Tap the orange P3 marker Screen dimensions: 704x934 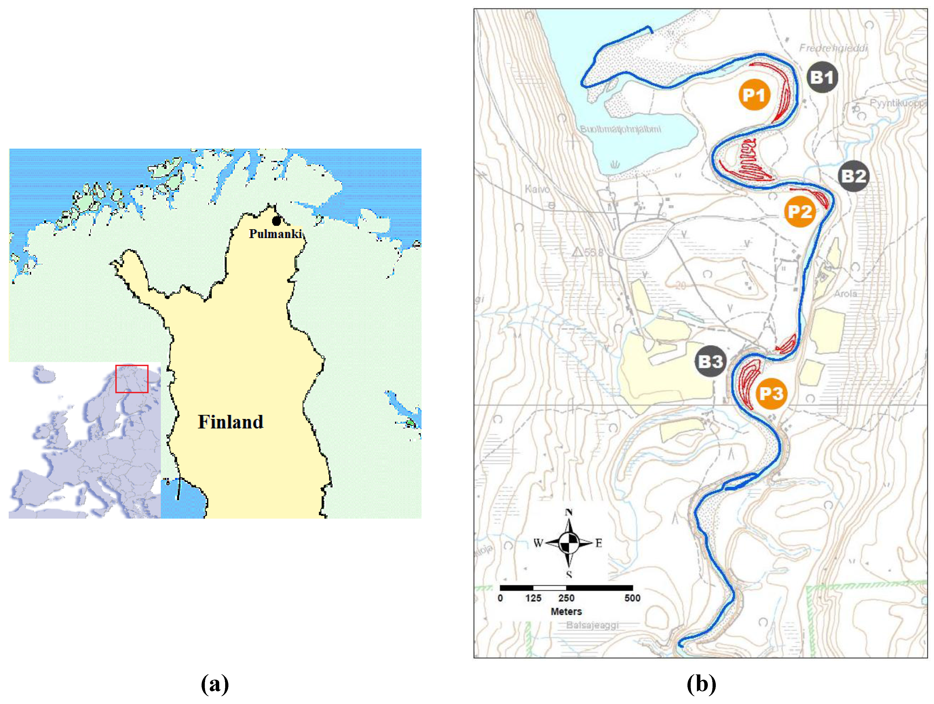[771, 394]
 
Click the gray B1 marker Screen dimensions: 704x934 [822, 77]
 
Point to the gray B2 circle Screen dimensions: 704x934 [853, 176]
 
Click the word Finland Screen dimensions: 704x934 [231, 422]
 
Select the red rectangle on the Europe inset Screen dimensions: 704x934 [132, 379]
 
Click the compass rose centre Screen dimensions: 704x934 [569, 543]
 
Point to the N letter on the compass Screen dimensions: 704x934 [569, 512]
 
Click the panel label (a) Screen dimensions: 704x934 [215, 684]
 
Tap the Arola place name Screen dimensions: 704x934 [845, 293]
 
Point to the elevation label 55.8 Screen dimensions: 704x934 [593, 252]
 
